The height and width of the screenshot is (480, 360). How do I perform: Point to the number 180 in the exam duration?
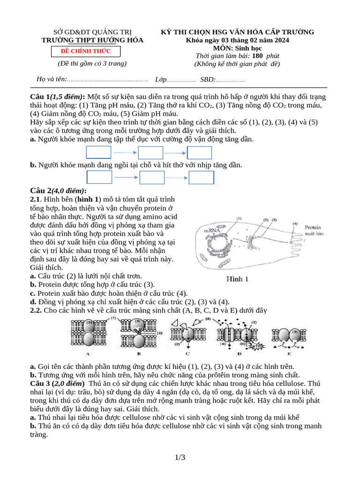pos(257,56)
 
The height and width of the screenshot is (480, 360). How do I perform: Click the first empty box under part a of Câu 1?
pos(98,152)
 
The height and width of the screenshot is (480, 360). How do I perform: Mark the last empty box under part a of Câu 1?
pos(200,153)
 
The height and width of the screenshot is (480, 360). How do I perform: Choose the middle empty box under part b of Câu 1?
pos(152,177)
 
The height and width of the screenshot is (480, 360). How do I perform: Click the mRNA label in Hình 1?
pos(212,231)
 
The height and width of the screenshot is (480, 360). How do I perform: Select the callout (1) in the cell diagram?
pos(239,218)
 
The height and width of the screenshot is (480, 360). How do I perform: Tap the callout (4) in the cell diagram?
pos(295,224)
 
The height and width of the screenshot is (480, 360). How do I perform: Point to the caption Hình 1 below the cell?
pos(238,279)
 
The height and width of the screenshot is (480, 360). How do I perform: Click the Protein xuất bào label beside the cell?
pos(315,230)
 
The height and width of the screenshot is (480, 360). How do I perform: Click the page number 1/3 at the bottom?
pos(180,457)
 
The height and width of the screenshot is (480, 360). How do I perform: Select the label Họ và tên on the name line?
pos(52,79)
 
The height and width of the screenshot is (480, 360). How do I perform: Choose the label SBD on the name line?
pos(207,79)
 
